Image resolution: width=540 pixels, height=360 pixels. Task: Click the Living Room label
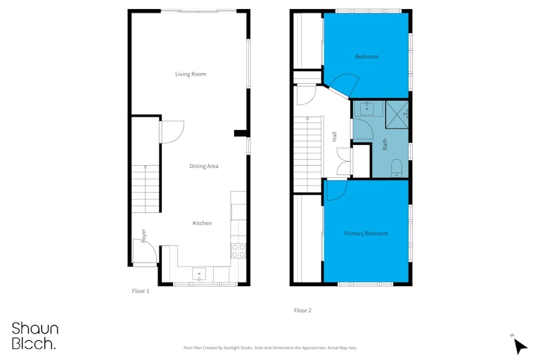191,74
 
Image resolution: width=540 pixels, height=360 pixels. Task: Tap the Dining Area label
204,166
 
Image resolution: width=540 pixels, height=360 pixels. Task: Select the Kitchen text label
202,223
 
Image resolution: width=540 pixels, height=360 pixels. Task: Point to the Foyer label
143,236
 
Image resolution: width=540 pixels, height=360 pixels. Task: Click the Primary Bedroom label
366,233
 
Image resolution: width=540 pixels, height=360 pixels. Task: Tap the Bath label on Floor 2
385,144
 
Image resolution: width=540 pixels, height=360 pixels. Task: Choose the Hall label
334,136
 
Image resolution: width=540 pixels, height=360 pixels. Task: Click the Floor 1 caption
141,291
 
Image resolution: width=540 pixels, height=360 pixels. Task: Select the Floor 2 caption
303,310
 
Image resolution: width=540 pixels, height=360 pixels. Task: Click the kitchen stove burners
238,250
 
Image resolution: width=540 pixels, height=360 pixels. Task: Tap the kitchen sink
199,274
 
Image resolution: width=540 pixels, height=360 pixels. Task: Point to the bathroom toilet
397,168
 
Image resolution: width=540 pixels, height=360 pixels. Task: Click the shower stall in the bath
397,115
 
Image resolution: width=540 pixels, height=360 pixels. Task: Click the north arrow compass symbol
520,345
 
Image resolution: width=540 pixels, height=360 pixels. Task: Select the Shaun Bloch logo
35,336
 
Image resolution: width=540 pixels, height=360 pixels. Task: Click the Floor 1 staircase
146,188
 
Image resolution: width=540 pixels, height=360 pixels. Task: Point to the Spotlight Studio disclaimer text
270,348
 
